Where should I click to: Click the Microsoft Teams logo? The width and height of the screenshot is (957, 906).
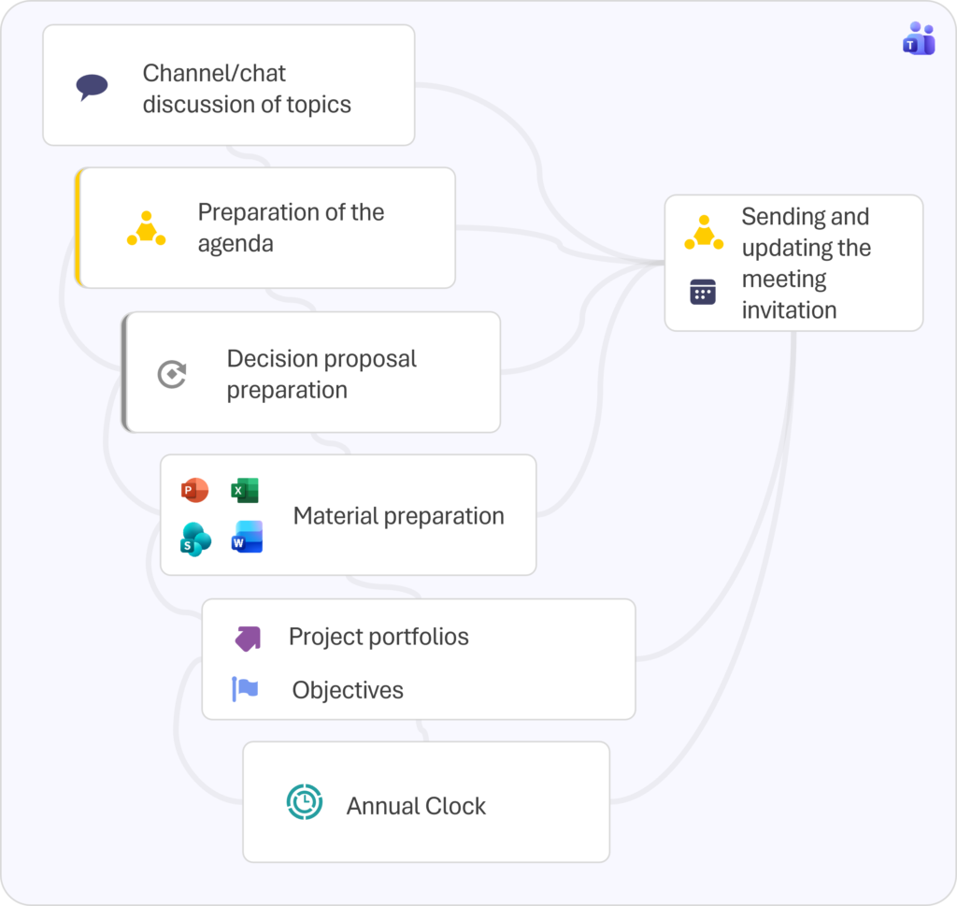pos(919,38)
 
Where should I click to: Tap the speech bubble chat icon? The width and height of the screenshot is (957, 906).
pos(92,88)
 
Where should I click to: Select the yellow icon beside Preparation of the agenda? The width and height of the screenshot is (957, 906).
pos(146,229)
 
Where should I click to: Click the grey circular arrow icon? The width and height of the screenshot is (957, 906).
pos(171,374)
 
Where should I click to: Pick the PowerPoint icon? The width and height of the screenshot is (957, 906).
pos(194,490)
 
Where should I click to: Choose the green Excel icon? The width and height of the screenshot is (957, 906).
pos(245,490)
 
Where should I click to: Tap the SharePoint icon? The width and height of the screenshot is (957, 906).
pos(195,539)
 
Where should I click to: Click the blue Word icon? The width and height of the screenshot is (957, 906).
pos(247,538)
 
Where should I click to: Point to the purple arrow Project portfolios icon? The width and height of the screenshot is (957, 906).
pos(248,638)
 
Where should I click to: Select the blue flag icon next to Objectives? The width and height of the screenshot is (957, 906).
pos(245,689)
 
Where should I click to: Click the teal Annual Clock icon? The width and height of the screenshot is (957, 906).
pos(304,802)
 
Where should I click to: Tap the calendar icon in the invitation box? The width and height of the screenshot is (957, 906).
pos(703,292)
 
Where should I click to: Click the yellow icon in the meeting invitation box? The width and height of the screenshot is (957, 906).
pos(703,233)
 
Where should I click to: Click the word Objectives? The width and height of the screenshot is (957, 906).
pos(348,691)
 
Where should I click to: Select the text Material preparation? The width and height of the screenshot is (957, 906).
pos(398,516)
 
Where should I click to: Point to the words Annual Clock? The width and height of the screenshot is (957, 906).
pos(416,806)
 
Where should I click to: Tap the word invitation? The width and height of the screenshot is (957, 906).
pos(789,310)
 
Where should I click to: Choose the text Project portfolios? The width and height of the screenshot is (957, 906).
pos(379,637)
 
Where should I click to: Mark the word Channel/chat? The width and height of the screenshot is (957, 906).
pos(214,73)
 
